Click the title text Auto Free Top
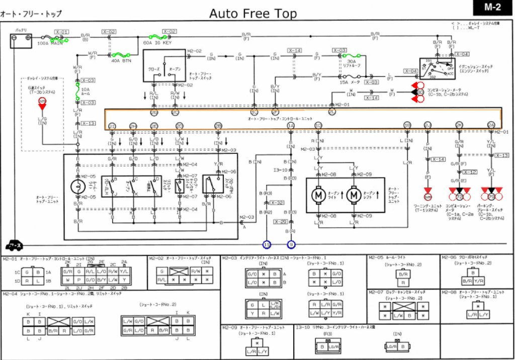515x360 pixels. [253, 14]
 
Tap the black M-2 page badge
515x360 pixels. [493, 8]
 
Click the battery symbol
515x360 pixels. [21, 40]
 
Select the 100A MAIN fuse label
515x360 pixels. [50, 43]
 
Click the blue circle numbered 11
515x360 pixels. [267, 244]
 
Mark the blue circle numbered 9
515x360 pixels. [291, 244]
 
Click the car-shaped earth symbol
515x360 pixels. [14, 245]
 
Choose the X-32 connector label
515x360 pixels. [277, 203]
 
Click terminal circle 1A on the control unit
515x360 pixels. [291, 125]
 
